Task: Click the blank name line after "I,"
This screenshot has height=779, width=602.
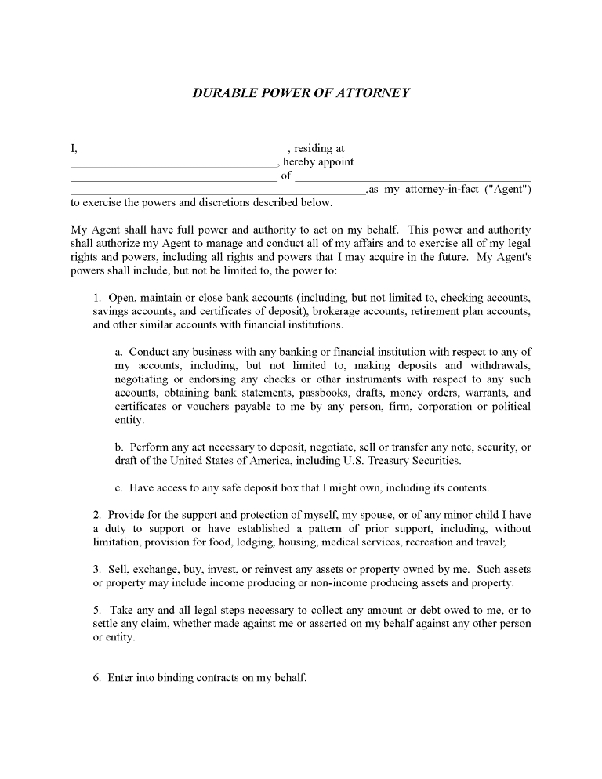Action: [184, 149]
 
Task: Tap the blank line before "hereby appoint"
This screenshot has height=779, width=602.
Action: [173, 163]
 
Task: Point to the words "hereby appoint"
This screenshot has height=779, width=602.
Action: [318, 162]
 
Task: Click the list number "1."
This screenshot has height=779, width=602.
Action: [97, 298]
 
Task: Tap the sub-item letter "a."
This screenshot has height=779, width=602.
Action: [119, 352]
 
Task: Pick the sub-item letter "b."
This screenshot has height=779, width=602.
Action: [119, 447]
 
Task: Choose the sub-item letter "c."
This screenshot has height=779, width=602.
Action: [119, 487]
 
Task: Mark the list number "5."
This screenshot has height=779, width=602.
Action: [97, 611]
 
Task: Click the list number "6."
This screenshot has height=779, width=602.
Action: [97, 678]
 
